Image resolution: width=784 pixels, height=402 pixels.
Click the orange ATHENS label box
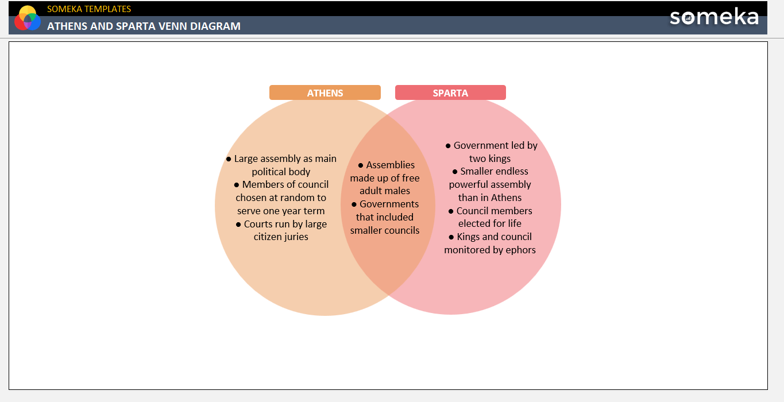pyautogui.click(x=325, y=92)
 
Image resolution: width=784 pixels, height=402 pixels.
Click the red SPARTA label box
pyautogui.click(x=450, y=92)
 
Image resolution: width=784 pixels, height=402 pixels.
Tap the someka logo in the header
pyautogui.click(x=714, y=17)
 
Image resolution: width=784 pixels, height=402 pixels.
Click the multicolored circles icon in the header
pyautogui.click(x=28, y=18)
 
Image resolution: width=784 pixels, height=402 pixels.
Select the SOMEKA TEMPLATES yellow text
pyautogui.click(x=89, y=9)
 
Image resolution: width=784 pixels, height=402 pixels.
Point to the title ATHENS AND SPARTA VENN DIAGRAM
pyautogui.click(x=144, y=26)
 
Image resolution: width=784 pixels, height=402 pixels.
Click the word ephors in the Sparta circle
pyautogui.click(x=520, y=250)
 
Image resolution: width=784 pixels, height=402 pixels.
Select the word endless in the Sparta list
pyautogui.click(x=512, y=172)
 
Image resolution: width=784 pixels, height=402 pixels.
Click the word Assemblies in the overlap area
pyautogui.click(x=390, y=165)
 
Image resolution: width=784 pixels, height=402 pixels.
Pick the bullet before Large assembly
pyautogui.click(x=229, y=159)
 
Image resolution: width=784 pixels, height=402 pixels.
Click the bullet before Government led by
pyautogui.click(x=448, y=146)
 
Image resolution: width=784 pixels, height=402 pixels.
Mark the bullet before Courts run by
pyautogui.click(x=238, y=225)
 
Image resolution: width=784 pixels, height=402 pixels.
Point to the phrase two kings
pyautogui.click(x=490, y=159)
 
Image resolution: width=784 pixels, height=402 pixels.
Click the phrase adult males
pyautogui.click(x=385, y=191)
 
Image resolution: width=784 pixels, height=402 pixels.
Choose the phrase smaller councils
pyautogui.click(x=385, y=230)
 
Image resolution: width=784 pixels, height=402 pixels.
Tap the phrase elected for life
pyautogui.click(x=490, y=223)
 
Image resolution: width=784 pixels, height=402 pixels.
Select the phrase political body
pyautogui.click(x=281, y=172)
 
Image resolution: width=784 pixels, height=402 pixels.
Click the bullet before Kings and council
pyautogui.click(x=451, y=237)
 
